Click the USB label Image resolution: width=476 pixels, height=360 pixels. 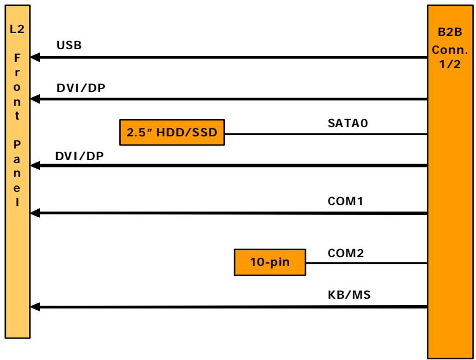click(69, 45)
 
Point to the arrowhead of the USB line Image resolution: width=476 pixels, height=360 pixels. click(35, 57)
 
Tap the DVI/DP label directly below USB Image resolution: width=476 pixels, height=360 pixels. click(81, 88)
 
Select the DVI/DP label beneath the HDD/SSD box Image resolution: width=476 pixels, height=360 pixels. click(80, 156)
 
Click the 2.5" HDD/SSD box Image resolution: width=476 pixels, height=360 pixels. click(172, 132)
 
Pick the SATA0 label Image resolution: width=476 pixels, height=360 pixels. click(348, 123)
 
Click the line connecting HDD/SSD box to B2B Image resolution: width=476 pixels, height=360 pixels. click(326, 133)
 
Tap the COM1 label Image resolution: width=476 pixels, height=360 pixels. click(345, 201)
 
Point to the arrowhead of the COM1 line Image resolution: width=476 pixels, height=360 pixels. click(35, 213)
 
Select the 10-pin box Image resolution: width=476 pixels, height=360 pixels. click(270, 262)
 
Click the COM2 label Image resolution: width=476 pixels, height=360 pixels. click(346, 253)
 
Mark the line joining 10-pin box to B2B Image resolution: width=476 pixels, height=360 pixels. click(367, 263)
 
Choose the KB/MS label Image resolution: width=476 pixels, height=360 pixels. click(349, 295)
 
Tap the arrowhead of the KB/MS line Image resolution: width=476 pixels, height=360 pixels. click(35, 307)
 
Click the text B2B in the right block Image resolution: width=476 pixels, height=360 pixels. click(450, 32)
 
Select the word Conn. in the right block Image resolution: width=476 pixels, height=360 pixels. click(450, 50)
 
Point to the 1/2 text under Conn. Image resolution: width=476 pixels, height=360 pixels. click(450, 64)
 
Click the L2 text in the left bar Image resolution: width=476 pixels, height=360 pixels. click(17, 29)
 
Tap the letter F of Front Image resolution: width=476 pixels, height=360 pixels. click(17, 58)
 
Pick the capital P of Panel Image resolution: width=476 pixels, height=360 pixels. click(17, 144)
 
